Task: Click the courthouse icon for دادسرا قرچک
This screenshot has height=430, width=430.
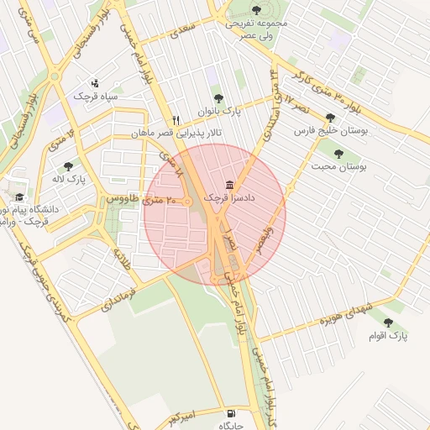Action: [x=229, y=185]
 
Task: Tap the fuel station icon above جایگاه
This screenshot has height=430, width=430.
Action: [x=231, y=413]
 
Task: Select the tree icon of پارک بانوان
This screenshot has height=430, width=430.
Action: [x=218, y=98]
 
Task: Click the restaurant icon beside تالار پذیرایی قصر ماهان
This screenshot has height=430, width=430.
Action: [x=176, y=120]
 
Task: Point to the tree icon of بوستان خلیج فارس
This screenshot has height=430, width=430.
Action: [x=330, y=118]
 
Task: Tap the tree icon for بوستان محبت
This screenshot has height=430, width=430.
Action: [x=339, y=154]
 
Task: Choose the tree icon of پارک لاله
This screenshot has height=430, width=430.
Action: [x=68, y=166]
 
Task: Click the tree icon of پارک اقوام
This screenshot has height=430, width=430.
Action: [x=388, y=322]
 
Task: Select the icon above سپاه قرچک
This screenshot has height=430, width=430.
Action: [x=95, y=83]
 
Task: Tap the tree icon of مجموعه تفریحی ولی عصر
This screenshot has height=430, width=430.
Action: [x=256, y=10]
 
